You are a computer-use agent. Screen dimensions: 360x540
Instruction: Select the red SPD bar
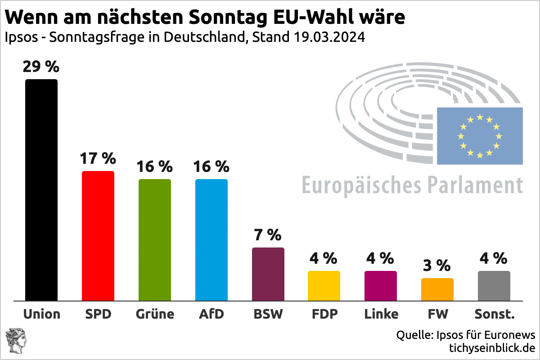click(98, 236)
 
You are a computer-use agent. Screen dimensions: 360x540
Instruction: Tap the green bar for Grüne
click(155, 240)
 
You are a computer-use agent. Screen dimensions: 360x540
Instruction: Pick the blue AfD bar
click(211, 240)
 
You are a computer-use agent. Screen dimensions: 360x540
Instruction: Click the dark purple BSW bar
click(268, 274)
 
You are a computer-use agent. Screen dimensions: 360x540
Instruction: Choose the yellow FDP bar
click(324, 286)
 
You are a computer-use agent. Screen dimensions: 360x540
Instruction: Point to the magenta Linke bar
click(381, 286)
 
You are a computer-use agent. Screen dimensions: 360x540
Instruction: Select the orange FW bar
click(437, 289)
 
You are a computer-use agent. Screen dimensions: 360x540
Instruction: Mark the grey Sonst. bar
click(494, 286)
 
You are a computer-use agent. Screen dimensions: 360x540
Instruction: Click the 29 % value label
click(41, 67)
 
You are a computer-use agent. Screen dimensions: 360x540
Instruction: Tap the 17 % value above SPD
click(98, 159)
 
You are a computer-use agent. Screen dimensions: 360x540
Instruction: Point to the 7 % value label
click(268, 235)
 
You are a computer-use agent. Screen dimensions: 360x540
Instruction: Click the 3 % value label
click(437, 265)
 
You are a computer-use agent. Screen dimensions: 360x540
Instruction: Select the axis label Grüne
click(155, 314)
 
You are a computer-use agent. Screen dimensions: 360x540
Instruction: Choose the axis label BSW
click(268, 314)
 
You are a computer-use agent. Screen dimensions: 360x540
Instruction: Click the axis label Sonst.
click(494, 314)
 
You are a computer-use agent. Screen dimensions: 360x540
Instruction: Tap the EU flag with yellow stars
click(480, 136)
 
